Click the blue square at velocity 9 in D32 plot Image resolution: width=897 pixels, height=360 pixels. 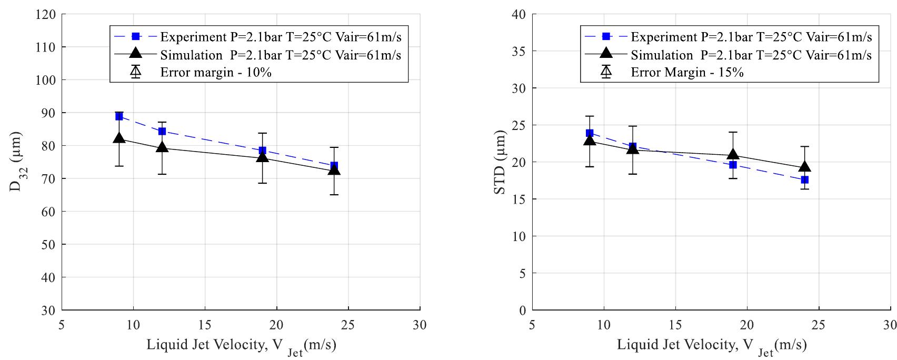[x=119, y=116]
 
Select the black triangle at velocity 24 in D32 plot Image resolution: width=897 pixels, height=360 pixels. [x=334, y=170]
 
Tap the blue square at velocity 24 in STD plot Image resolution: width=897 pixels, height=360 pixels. [x=804, y=180]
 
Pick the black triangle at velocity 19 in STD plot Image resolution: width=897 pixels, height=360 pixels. [x=733, y=155]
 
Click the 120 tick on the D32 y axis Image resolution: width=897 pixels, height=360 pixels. [x=47, y=14]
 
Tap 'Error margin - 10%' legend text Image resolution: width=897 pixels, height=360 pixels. [x=216, y=73]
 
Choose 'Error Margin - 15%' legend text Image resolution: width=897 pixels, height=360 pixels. [x=687, y=73]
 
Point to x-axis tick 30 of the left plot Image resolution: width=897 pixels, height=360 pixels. [x=420, y=325]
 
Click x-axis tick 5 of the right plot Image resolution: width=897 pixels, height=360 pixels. [x=532, y=325]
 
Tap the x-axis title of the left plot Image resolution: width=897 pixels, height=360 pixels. [x=241, y=346]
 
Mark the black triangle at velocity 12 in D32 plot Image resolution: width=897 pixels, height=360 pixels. [x=162, y=148]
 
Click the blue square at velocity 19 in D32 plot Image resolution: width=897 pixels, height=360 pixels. [x=262, y=151]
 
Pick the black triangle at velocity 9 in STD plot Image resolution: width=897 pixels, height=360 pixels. [x=590, y=141]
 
